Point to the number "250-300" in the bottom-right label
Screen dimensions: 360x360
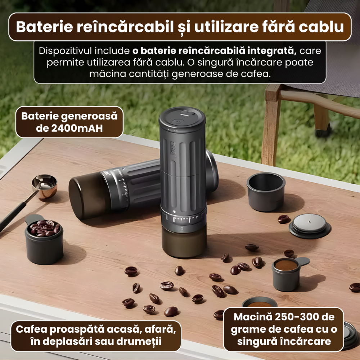(289, 318)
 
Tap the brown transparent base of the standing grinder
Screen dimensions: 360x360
(184, 243)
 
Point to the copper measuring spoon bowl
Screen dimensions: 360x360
(45, 185)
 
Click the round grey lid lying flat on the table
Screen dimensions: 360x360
(310, 225)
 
